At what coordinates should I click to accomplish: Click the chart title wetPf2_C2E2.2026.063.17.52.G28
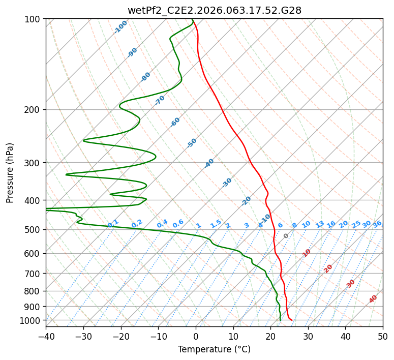pyautogui.click(x=214, y=10)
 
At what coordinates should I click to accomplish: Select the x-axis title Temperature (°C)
pyautogui.click(x=214, y=349)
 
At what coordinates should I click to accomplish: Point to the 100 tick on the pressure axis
pyautogui.click(x=34, y=19)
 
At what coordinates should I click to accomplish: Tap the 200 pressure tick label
pyautogui.click(x=34, y=110)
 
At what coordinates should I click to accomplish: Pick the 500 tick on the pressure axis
pyautogui.click(x=34, y=230)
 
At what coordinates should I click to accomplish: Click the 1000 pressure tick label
pyautogui.click(x=32, y=320)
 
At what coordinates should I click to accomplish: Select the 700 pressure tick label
pyautogui.click(x=34, y=274)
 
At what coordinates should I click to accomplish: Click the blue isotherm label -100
pyautogui.click(x=121, y=27)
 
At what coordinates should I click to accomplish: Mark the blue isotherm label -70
pyautogui.click(x=160, y=100)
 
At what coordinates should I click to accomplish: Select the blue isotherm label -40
pyautogui.click(x=209, y=163)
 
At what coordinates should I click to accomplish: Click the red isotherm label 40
pyautogui.click(x=373, y=299)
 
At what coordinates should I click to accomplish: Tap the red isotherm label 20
pyautogui.click(x=328, y=268)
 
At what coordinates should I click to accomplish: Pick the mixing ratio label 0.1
pyautogui.click(x=113, y=223)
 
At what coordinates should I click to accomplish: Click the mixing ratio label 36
pyautogui.click(x=377, y=224)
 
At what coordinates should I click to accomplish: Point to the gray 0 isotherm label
pyautogui.click(x=286, y=236)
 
